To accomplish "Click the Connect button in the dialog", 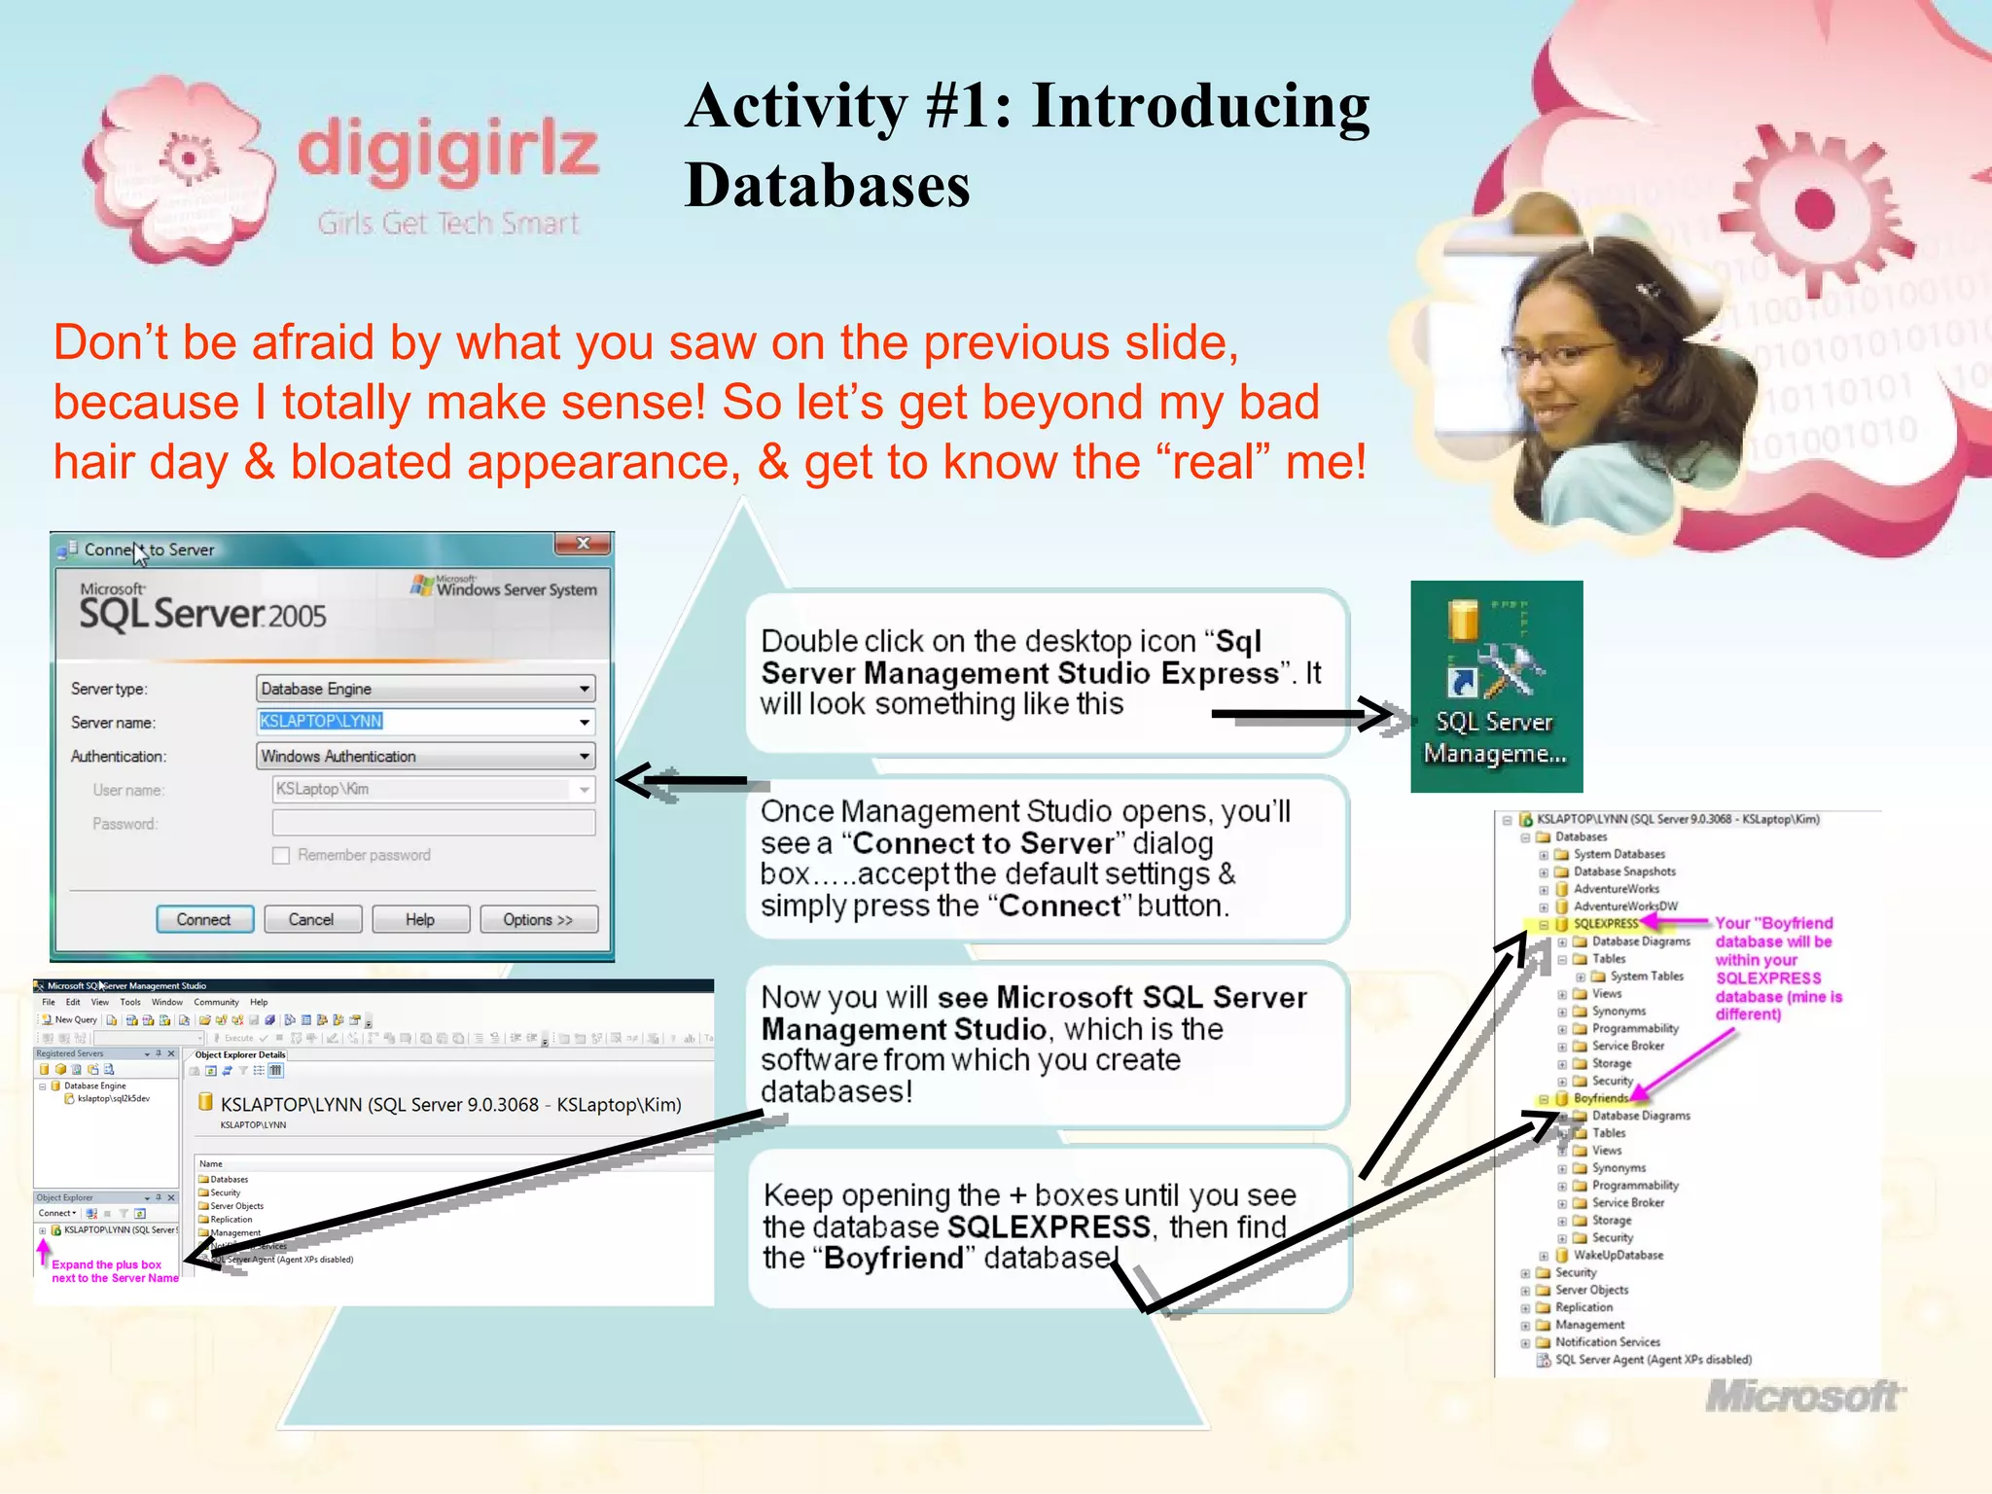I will [x=204, y=919].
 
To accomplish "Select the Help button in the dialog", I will [x=420, y=919].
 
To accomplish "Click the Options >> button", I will [x=538, y=919].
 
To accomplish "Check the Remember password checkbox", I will [x=282, y=856].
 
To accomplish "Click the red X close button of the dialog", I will [x=583, y=544].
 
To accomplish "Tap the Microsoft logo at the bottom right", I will [x=1804, y=1397].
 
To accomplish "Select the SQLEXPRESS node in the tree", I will [x=1605, y=924].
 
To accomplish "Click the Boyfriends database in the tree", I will [x=1600, y=1098].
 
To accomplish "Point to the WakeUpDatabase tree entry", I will [x=1618, y=1255].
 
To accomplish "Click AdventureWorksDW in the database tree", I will [x=1625, y=907].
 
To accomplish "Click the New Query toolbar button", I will [x=69, y=1020].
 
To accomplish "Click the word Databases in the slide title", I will [x=828, y=185].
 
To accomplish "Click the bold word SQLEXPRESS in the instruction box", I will [x=1049, y=1227].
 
